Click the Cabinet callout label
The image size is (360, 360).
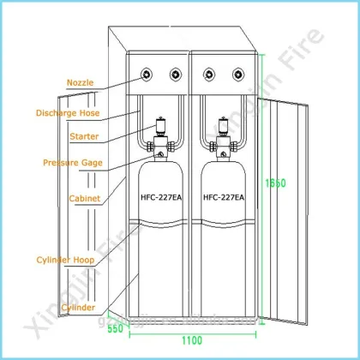85,198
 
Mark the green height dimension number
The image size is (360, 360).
275,183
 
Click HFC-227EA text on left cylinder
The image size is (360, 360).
161,197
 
